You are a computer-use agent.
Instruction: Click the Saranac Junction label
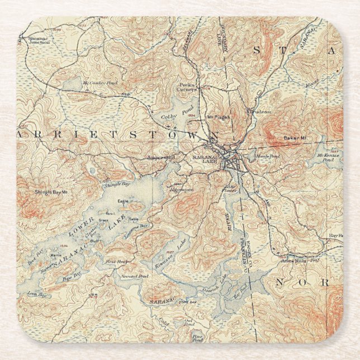tap(39, 42)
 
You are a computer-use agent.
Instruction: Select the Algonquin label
tap(182, 190)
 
